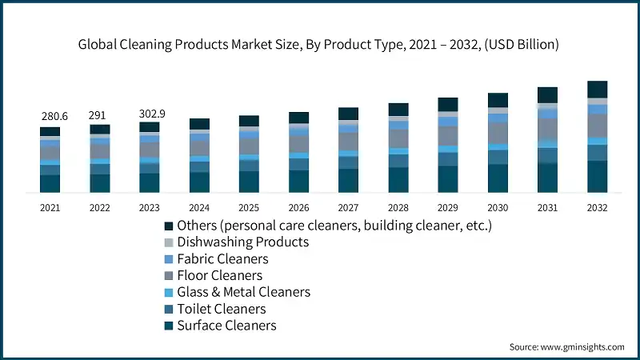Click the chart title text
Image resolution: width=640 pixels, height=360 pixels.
tap(318, 45)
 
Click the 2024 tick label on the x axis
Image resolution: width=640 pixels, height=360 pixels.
tap(199, 208)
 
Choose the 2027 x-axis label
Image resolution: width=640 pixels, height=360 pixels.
tap(348, 208)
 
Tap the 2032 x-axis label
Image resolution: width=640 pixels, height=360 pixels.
tap(597, 208)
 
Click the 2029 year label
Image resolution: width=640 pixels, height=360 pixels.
tap(448, 208)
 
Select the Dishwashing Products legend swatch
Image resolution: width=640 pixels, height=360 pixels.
tap(169, 242)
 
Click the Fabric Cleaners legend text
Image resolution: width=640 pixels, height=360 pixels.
tap(222, 259)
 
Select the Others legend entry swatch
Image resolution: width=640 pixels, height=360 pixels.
tap(169, 226)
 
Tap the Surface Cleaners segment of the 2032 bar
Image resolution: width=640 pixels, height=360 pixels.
tap(597, 176)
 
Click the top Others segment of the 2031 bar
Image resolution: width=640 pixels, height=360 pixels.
tap(547, 94)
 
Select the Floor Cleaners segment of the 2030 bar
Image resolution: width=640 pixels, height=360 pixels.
tap(498, 133)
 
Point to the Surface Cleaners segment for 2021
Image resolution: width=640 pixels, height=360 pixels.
tap(50, 183)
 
